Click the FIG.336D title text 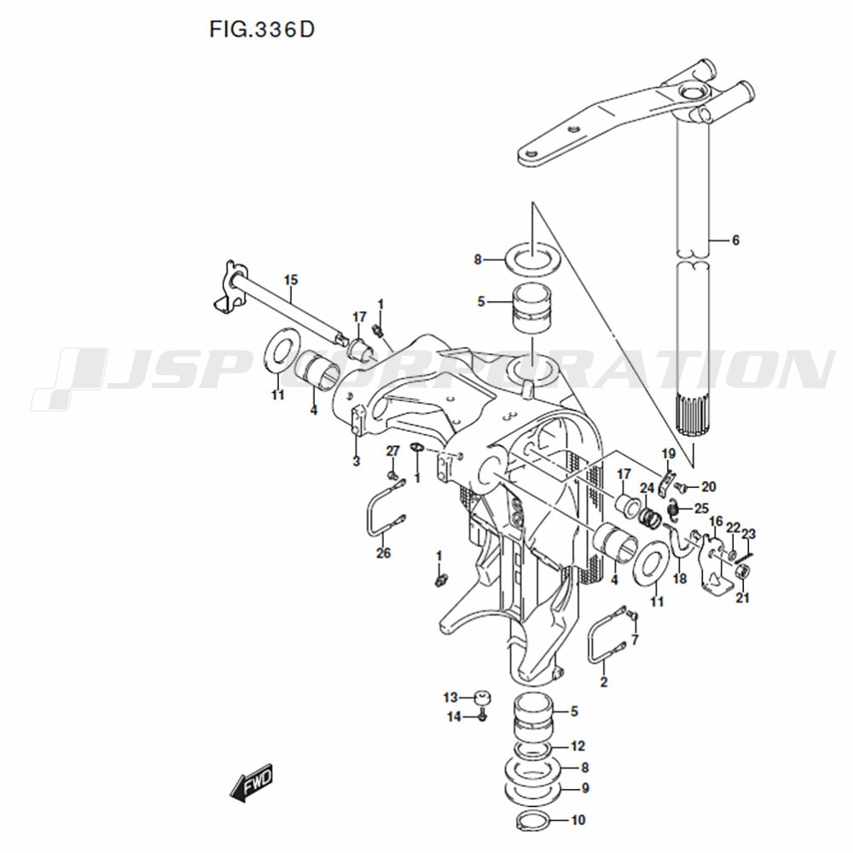(262, 30)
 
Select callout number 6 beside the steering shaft (735, 240)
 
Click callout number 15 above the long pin (291, 280)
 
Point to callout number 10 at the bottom (578, 820)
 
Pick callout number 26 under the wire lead (384, 554)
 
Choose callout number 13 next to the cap (450, 698)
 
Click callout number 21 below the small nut (743, 598)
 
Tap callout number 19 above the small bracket (669, 454)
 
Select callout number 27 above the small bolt (392, 451)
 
